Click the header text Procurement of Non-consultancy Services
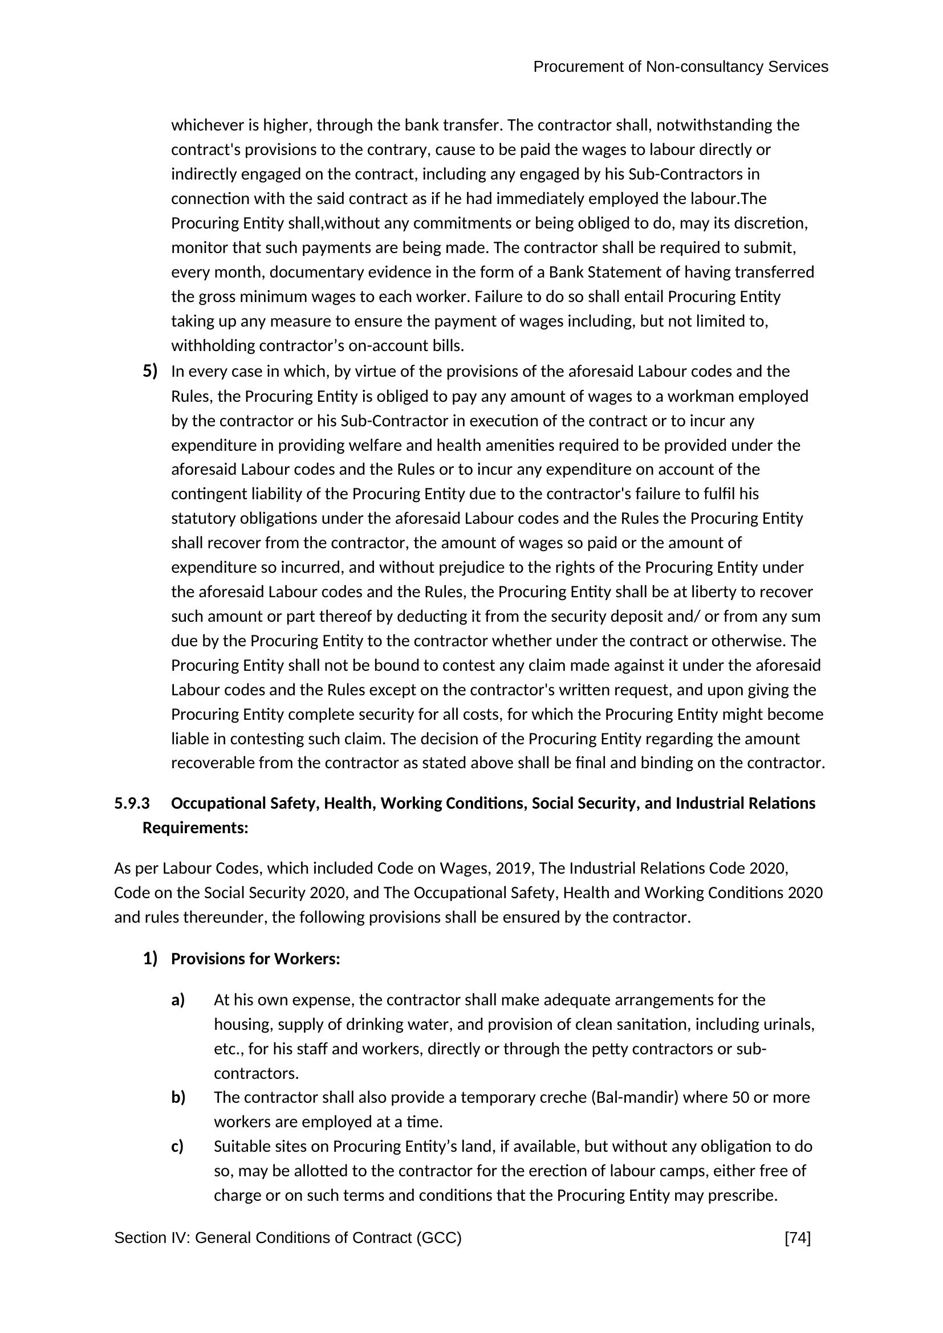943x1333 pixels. pos(680,67)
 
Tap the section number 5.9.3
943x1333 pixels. pos(132,804)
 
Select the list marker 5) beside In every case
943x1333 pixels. pos(150,371)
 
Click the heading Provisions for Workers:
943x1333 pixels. pos(255,959)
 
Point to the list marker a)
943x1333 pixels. pos(178,1000)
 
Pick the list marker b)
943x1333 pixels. pos(178,1097)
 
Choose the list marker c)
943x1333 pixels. pos(177,1146)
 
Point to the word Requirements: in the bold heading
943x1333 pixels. pos(195,828)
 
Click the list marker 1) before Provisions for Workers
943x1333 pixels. pos(150,959)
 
